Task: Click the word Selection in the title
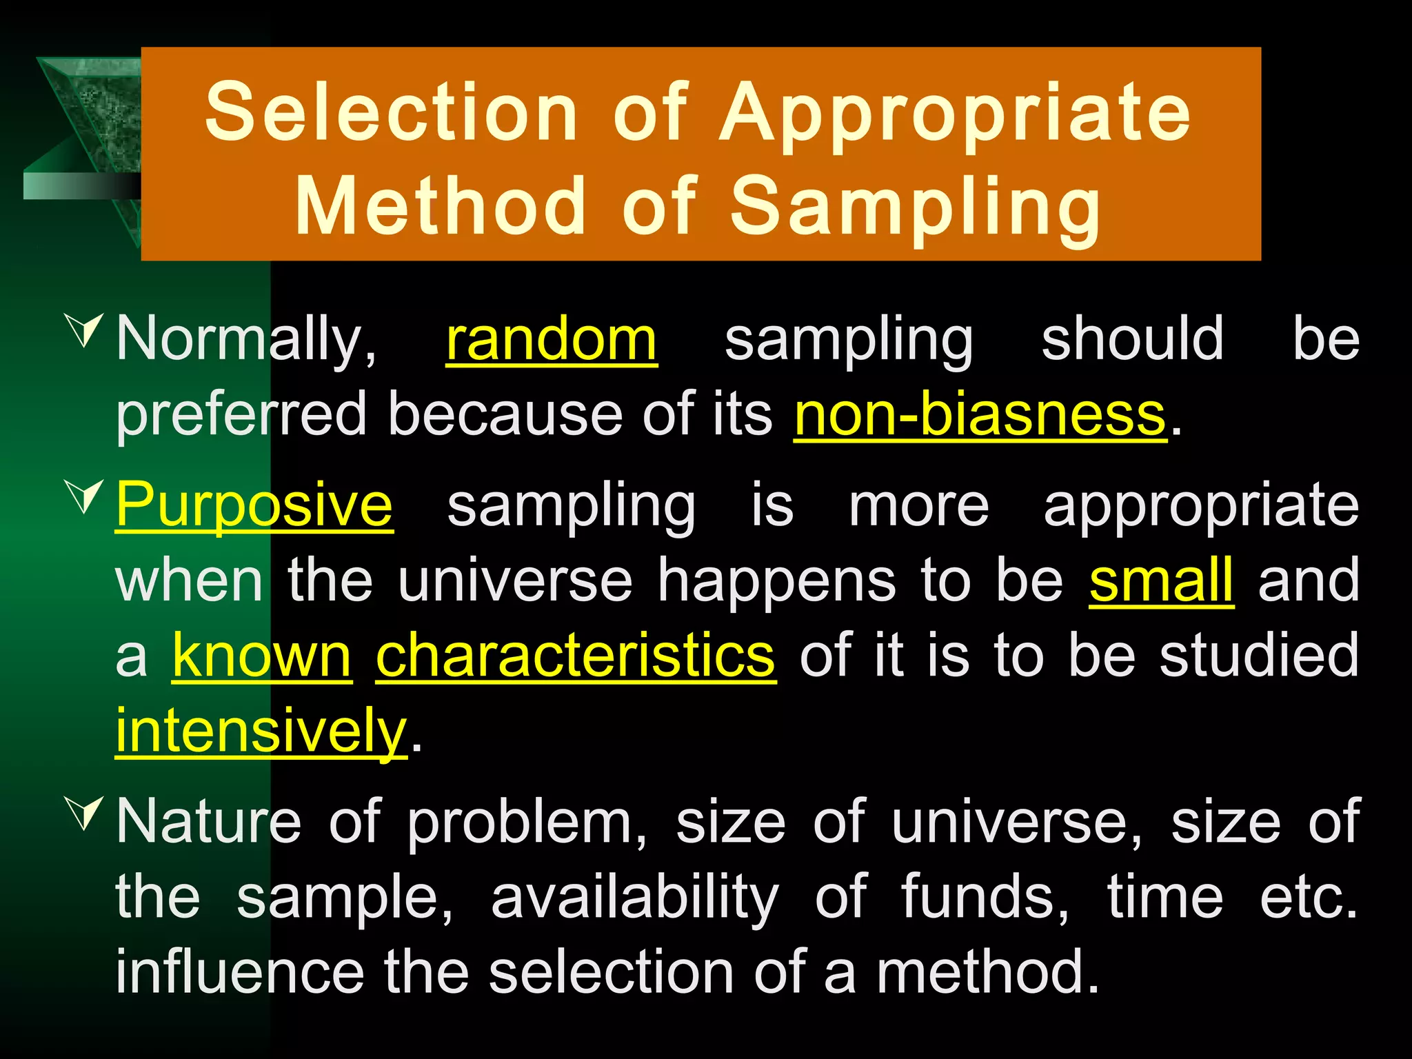[x=391, y=112]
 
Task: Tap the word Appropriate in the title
[x=955, y=114]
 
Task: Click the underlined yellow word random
[x=552, y=339]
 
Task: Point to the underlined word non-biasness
[x=980, y=415]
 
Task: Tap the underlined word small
[x=1161, y=581]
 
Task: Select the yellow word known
[x=262, y=656]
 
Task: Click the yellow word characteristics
[x=576, y=656]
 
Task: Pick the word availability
[x=634, y=898]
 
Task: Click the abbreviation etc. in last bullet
[x=1308, y=898]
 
